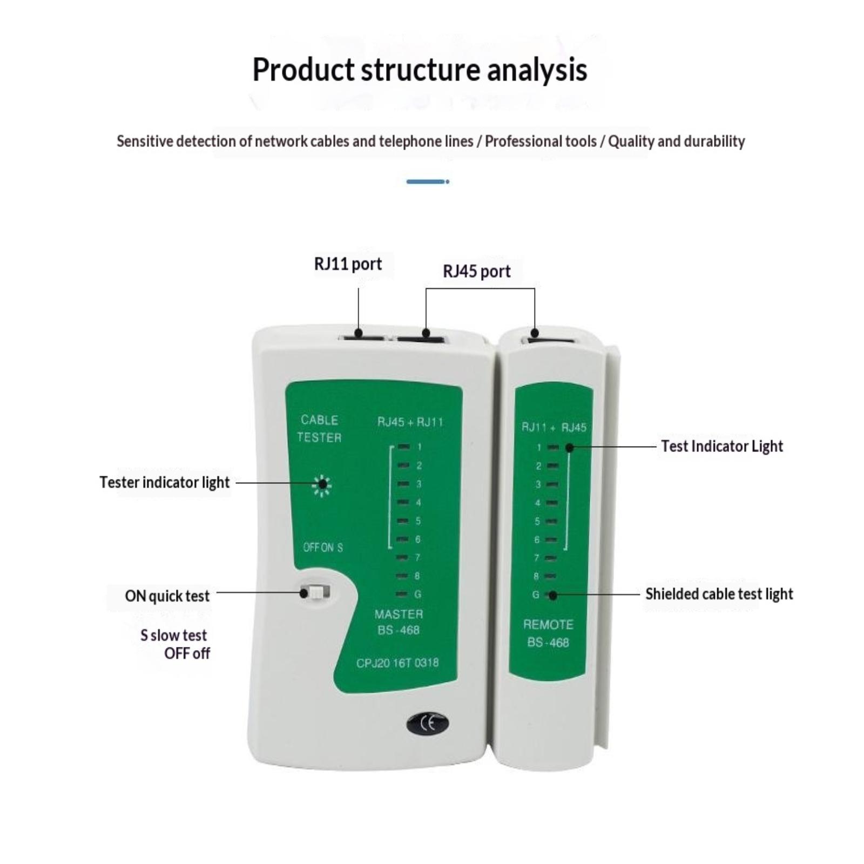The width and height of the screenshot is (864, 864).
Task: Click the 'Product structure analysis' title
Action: pyautogui.click(x=420, y=70)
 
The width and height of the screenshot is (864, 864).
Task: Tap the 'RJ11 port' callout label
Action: pyautogui.click(x=348, y=264)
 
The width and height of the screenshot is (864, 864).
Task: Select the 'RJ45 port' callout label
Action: pyautogui.click(x=476, y=271)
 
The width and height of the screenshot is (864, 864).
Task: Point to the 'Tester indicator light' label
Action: pyautogui.click(x=165, y=482)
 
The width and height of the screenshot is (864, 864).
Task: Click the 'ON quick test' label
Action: pyautogui.click(x=167, y=596)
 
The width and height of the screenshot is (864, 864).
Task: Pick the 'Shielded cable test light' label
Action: pyautogui.click(x=719, y=594)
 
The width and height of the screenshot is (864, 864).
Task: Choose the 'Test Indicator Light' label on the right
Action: pyautogui.click(x=721, y=446)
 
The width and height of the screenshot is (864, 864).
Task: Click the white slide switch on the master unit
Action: pyautogui.click(x=315, y=592)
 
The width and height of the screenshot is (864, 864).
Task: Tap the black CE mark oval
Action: pyautogui.click(x=428, y=724)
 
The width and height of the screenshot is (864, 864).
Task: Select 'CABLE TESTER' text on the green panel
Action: pyautogui.click(x=319, y=429)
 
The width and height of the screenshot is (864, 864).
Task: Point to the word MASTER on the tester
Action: pyautogui.click(x=399, y=614)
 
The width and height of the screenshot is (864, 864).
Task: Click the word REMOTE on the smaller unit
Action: pyautogui.click(x=548, y=625)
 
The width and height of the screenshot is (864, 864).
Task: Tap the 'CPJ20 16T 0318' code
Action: pyautogui.click(x=397, y=663)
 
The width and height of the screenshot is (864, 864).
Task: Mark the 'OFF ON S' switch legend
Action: pyautogui.click(x=323, y=548)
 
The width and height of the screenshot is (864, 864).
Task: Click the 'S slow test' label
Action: pyautogui.click(x=173, y=635)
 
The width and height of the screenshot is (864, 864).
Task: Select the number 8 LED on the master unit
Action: pyautogui.click(x=402, y=576)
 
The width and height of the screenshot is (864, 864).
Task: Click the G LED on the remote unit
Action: pyautogui.click(x=551, y=595)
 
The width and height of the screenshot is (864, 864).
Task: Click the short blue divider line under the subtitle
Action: pyautogui.click(x=428, y=181)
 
